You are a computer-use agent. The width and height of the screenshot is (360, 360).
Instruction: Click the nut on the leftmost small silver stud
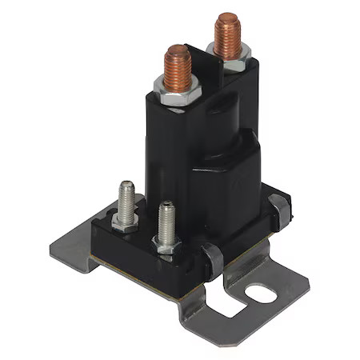126,222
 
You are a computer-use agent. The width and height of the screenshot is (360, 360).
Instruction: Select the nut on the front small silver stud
166,245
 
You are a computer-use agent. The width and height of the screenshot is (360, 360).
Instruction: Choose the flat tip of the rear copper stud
228,17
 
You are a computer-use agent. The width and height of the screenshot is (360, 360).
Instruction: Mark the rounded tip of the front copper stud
176,50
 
